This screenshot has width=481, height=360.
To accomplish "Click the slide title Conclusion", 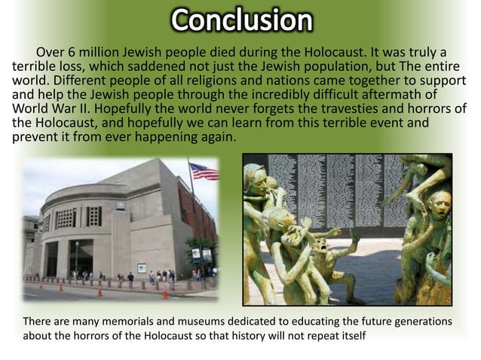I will [240, 20].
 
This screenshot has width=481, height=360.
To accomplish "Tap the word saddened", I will [147, 66].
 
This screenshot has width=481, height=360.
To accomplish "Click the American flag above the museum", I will [203, 172].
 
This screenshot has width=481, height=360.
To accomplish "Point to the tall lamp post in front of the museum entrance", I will [77, 260].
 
